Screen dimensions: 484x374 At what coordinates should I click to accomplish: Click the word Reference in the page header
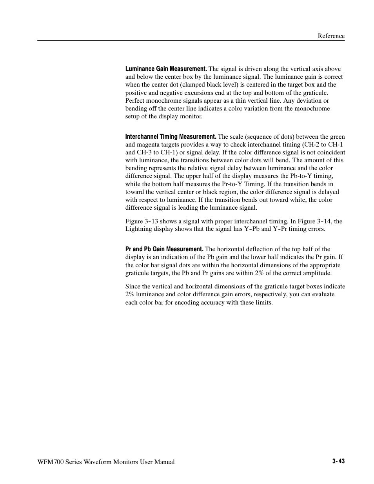[x=331, y=36]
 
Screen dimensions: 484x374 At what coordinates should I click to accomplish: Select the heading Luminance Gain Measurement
[x=166, y=69]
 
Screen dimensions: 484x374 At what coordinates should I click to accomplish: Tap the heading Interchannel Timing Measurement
[x=171, y=137]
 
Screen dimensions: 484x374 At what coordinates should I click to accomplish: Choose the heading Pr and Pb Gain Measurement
[x=164, y=249]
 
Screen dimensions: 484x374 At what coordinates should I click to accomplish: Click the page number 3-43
[x=338, y=462]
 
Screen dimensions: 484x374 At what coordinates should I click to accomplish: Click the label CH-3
[x=143, y=152]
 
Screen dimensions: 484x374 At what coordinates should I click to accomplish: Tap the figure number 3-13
[x=151, y=221]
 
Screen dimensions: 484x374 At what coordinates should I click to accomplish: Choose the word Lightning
[x=138, y=229]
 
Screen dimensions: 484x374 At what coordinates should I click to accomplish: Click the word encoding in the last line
[x=178, y=303]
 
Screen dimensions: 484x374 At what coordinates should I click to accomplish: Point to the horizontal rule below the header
[x=191, y=41]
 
